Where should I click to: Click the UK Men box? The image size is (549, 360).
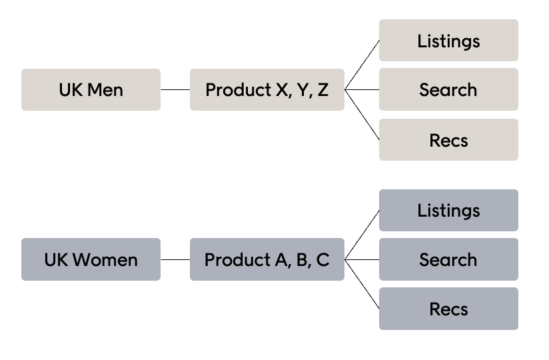(x=91, y=89)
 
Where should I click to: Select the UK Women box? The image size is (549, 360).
(x=91, y=259)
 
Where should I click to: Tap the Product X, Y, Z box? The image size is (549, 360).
(x=267, y=89)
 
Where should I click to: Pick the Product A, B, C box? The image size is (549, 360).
(x=267, y=259)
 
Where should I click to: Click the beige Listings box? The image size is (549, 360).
(x=448, y=41)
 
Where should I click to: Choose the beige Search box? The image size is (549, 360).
(x=448, y=89)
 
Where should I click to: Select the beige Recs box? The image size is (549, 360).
(x=448, y=140)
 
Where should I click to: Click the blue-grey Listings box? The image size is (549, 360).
(x=448, y=211)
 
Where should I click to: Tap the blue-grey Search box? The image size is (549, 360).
(x=448, y=259)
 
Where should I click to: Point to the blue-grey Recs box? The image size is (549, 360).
(x=448, y=309)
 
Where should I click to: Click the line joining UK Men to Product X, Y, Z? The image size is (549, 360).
(x=175, y=89)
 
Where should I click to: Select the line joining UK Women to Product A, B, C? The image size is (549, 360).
(x=175, y=259)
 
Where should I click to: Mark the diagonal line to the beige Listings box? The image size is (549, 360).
(x=362, y=65)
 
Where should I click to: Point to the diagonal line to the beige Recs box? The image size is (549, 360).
(x=362, y=115)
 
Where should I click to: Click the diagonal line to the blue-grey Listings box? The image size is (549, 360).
(x=362, y=235)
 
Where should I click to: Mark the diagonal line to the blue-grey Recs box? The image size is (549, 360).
(x=362, y=284)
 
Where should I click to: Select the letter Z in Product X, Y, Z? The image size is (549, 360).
(x=322, y=90)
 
